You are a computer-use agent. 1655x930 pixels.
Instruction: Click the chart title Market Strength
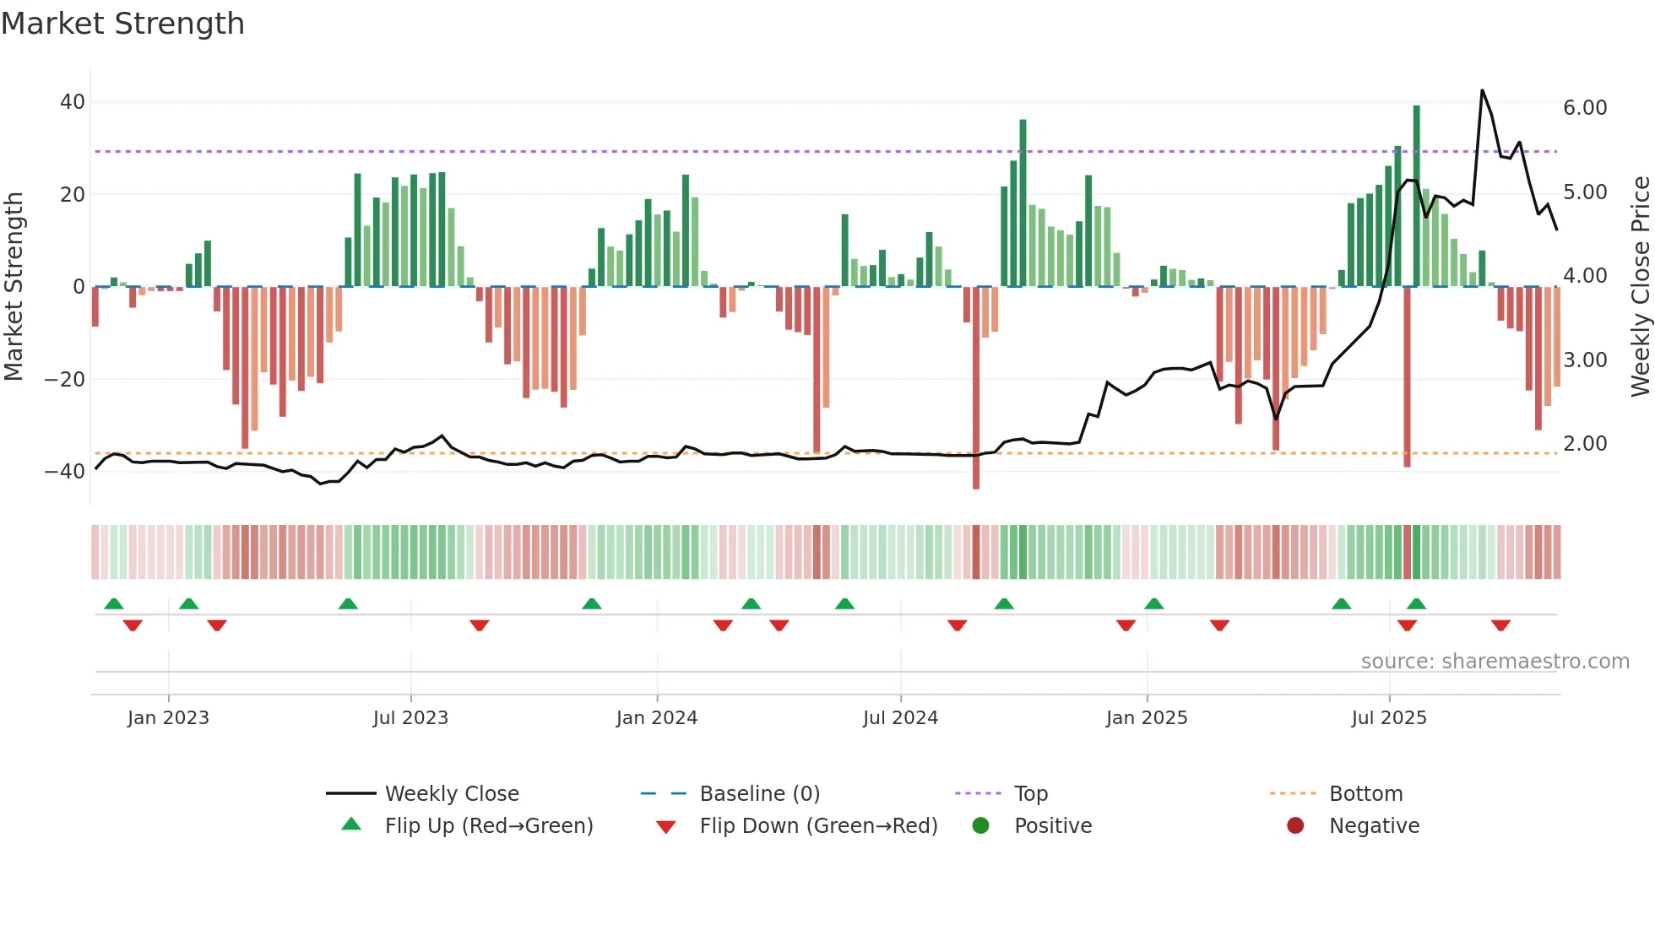(122, 24)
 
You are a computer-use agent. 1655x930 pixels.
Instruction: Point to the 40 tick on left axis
(73, 102)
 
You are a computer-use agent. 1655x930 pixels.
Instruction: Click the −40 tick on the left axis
(65, 472)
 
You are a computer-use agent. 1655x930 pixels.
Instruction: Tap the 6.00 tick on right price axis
(1585, 108)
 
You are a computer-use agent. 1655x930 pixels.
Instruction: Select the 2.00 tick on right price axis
(1585, 444)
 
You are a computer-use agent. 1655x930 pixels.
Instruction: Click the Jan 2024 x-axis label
(656, 718)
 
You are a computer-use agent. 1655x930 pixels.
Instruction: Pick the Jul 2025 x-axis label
(1388, 718)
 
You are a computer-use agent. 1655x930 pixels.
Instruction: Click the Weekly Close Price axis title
(1640, 287)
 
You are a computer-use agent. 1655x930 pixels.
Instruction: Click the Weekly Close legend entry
(451, 794)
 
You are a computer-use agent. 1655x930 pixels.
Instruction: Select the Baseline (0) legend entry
(759, 794)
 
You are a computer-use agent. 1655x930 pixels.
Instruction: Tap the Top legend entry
(1030, 794)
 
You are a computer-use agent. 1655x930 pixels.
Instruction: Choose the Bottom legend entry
(1365, 794)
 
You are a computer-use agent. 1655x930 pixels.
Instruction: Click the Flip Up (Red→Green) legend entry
(488, 826)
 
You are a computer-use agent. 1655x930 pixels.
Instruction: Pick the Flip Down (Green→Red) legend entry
(817, 826)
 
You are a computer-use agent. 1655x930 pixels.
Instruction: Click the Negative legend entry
(1374, 826)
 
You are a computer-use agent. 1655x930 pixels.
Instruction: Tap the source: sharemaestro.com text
(1495, 662)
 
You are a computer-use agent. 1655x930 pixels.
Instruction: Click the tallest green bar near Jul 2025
(1416, 194)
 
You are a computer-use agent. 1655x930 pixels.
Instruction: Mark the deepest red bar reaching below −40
(976, 388)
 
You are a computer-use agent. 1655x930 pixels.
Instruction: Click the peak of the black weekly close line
(1482, 90)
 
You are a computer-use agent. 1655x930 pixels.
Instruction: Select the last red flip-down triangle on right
(1500, 625)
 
